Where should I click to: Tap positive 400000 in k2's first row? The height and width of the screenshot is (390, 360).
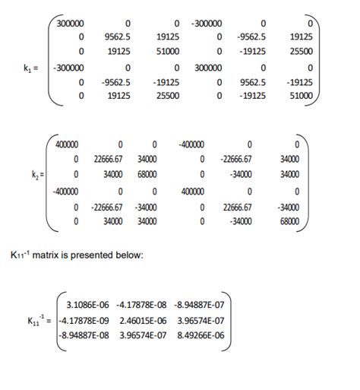pos(67,144)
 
